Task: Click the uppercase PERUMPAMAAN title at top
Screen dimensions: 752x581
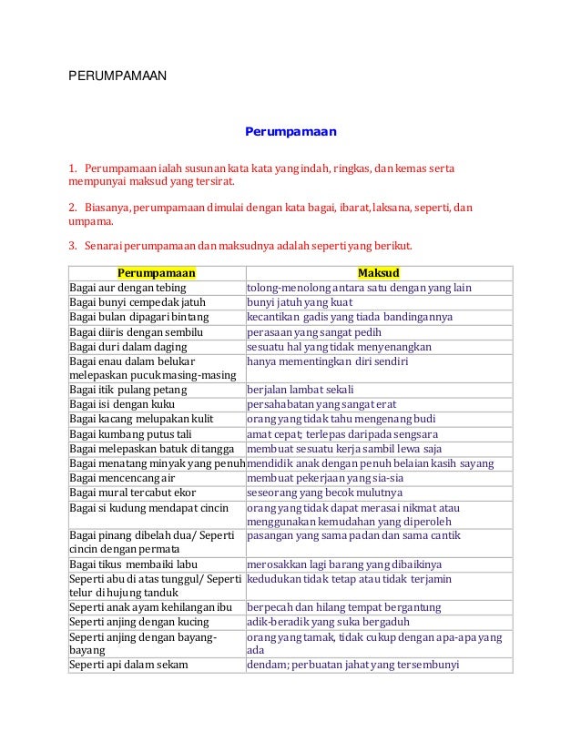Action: click(x=117, y=77)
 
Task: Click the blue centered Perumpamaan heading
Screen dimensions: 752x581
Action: click(x=290, y=132)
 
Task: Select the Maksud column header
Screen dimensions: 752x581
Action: click(x=379, y=272)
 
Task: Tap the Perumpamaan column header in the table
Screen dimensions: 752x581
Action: click(x=157, y=272)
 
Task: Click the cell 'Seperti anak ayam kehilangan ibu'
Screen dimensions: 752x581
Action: click(x=155, y=607)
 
